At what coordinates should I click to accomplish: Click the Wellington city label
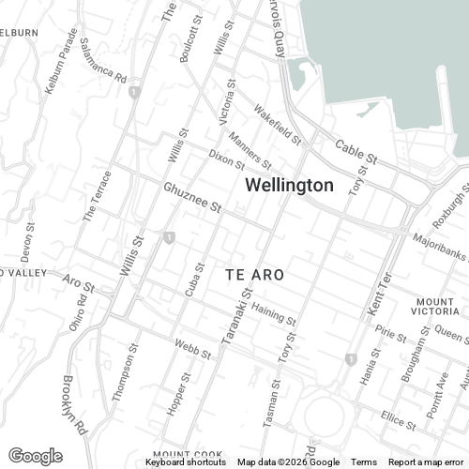coord(289,186)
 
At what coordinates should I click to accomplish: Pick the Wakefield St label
coord(278,128)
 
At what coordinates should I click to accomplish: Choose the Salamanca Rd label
coord(103,62)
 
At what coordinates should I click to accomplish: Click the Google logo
coord(35,456)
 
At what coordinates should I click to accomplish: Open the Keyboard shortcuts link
coord(187,462)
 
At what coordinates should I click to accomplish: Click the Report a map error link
coord(426,462)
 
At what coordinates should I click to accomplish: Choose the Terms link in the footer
coord(364,462)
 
